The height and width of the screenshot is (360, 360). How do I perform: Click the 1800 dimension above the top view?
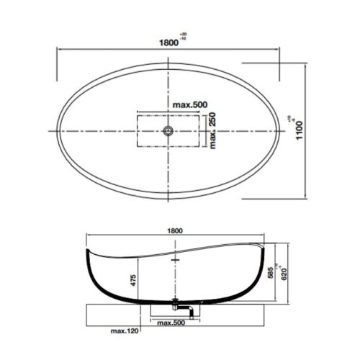(x=168, y=42)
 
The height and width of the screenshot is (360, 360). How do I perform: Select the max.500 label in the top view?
(x=189, y=106)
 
